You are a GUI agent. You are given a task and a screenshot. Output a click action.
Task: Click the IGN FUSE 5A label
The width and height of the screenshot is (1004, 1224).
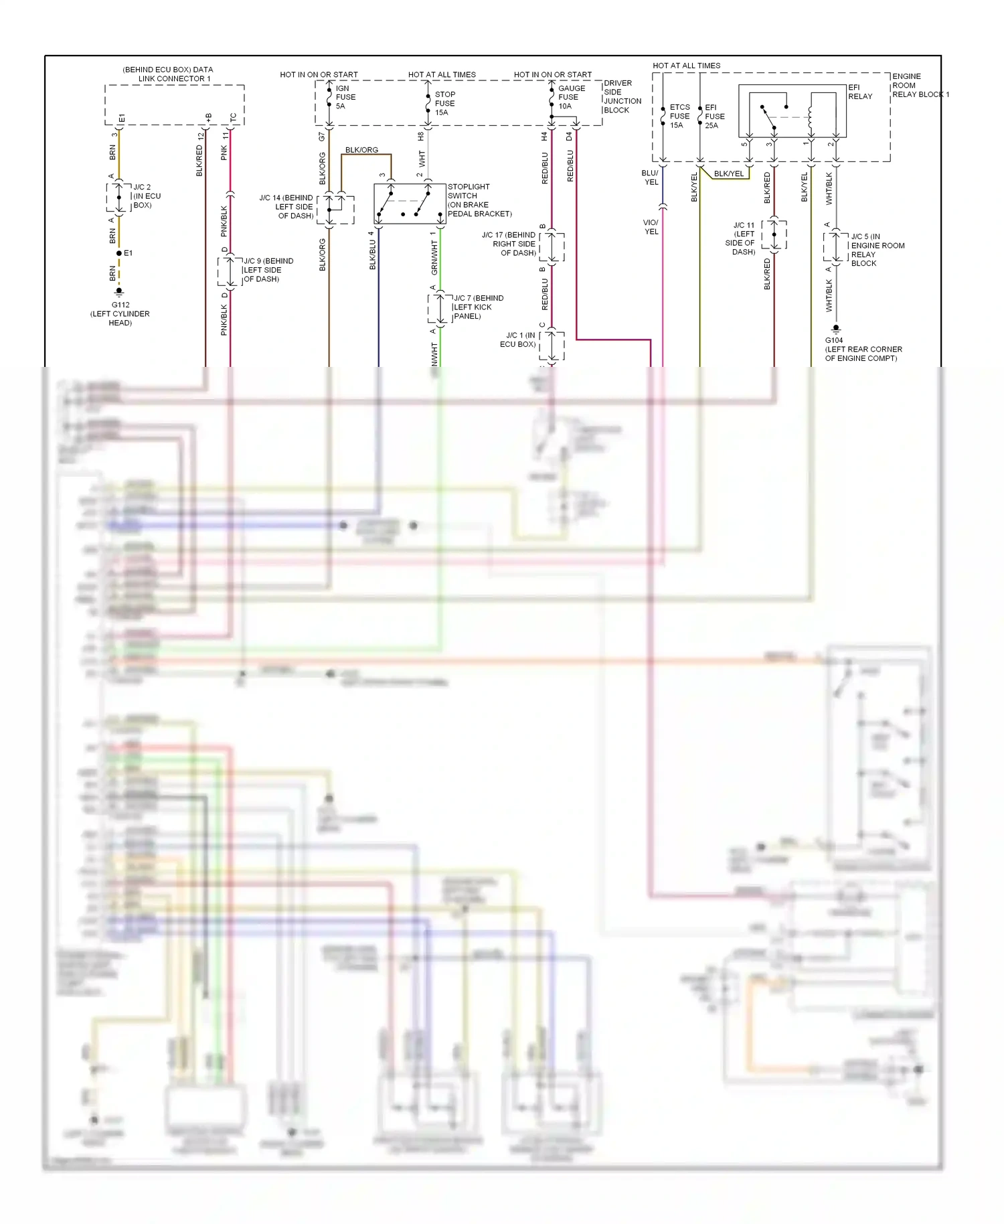pos(345,97)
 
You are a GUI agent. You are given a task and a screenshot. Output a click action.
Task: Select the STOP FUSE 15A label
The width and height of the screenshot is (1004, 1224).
pos(444,103)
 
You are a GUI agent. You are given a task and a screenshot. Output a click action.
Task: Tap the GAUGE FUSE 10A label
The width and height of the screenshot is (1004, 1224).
pos(571,97)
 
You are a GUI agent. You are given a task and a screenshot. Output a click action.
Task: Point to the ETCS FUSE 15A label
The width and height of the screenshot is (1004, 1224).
pos(679,116)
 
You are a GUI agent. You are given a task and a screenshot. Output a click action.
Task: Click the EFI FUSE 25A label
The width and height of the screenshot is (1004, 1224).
pos(714,116)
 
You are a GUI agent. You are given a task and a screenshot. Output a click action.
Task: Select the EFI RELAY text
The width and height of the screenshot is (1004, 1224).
pos(859,92)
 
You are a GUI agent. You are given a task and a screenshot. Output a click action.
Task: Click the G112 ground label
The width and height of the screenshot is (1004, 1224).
pos(120,313)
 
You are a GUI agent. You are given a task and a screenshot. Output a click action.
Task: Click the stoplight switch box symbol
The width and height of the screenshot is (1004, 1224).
pos(409,204)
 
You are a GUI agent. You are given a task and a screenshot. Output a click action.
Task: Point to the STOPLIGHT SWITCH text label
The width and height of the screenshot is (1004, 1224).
pos(479,200)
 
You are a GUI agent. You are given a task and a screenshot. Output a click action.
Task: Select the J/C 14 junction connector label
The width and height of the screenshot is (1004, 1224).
pos(286,207)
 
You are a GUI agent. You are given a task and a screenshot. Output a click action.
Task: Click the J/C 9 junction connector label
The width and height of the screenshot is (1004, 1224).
pos(268,270)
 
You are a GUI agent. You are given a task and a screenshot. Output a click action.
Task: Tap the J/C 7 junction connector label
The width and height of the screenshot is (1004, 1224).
pos(477,307)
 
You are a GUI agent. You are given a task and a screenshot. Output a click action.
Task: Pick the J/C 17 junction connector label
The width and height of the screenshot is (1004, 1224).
pos(509,244)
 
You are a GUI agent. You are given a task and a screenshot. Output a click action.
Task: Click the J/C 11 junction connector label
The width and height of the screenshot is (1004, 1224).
pos(742,238)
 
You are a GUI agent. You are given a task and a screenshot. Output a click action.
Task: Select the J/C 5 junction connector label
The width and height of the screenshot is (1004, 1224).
pos(877,250)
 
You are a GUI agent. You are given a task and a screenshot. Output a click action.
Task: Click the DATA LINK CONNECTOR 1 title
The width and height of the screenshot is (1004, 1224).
pos(168,74)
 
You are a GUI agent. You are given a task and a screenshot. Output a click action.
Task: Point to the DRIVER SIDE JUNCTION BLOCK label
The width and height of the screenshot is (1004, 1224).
pos(622,96)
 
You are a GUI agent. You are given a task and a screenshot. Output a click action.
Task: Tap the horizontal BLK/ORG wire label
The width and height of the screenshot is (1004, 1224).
pos(361,150)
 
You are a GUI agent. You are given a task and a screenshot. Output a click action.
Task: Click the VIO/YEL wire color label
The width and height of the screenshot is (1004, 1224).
pos(651,227)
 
